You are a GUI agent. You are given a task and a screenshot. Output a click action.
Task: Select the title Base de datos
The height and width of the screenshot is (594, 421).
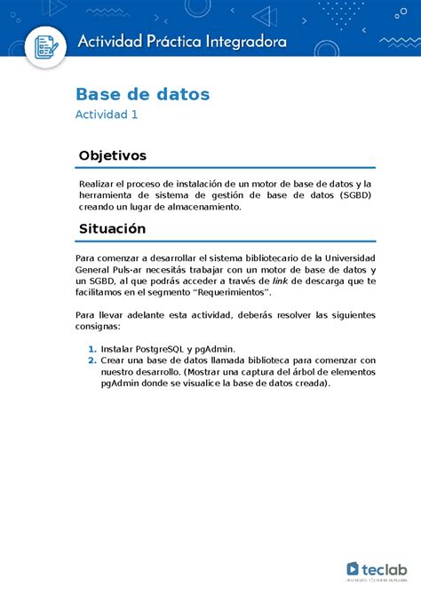tap(142, 93)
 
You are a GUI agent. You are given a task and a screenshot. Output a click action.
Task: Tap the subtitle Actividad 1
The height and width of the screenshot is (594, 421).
tap(107, 115)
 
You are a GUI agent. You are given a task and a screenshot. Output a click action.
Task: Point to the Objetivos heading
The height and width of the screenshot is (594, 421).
tap(112, 155)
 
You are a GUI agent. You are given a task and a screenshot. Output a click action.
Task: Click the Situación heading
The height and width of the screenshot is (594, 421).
tap(112, 228)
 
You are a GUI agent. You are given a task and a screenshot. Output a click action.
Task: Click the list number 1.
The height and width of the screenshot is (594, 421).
tap(91, 349)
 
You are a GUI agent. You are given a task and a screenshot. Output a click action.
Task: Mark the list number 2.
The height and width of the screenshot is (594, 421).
tap(91, 360)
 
